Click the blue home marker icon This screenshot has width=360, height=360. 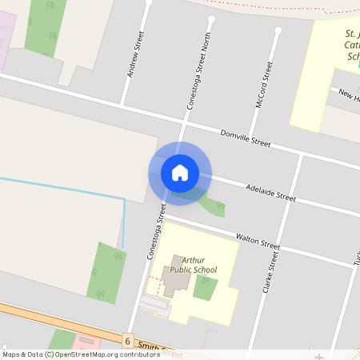(x=180, y=173)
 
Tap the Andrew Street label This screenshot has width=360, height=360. (x=134, y=54)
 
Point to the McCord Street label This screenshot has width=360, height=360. (x=263, y=84)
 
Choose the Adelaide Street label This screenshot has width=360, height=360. (x=270, y=191)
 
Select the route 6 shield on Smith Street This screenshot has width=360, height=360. (x=126, y=340)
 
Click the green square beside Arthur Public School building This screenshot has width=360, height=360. (x=205, y=287)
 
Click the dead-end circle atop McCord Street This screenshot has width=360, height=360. (x=278, y=30)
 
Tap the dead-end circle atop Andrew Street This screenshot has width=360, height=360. (x=149, y=2)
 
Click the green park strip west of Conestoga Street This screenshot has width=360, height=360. (x=106, y=272)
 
